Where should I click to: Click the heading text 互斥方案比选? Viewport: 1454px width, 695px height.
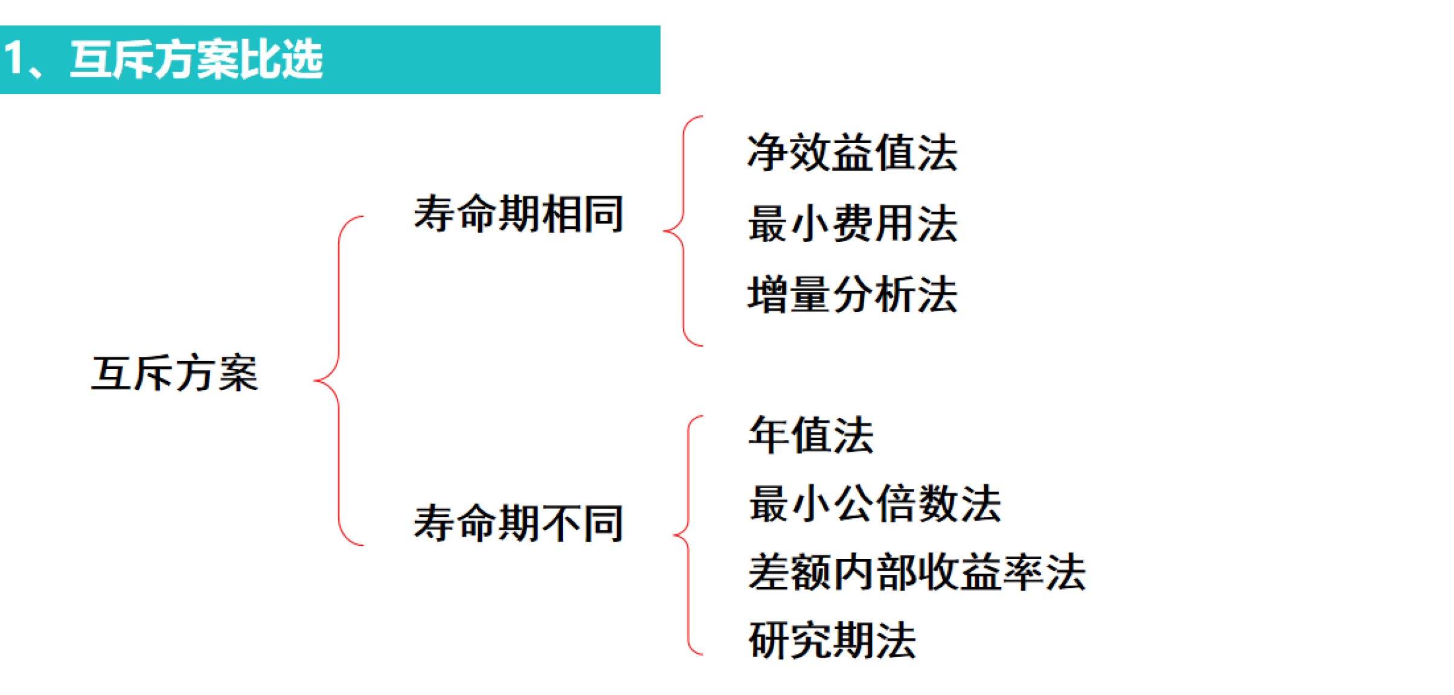[x=197, y=60]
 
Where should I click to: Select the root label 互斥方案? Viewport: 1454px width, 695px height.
[x=175, y=373]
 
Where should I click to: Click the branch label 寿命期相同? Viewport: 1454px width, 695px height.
[x=518, y=214]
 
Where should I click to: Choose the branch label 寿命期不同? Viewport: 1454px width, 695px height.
[x=518, y=523]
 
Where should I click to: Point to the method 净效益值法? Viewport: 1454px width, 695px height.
[x=852, y=153]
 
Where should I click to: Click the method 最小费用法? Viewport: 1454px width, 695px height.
[x=852, y=223]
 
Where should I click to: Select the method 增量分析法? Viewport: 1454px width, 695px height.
[x=852, y=295]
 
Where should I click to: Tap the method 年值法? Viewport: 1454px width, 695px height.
[x=810, y=434]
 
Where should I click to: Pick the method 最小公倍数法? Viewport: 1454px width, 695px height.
[x=874, y=503]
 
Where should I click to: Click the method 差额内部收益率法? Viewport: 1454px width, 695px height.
[x=917, y=572]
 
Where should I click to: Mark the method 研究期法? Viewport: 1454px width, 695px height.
[x=832, y=640]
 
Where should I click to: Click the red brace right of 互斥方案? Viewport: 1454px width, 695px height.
[x=338, y=381]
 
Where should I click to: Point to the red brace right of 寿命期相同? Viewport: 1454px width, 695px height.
[x=683, y=231]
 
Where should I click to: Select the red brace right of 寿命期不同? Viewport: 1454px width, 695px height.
[x=688, y=535]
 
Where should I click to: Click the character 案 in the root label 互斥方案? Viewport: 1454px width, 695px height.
[x=239, y=373]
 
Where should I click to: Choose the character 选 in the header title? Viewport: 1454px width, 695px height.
[x=303, y=60]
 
